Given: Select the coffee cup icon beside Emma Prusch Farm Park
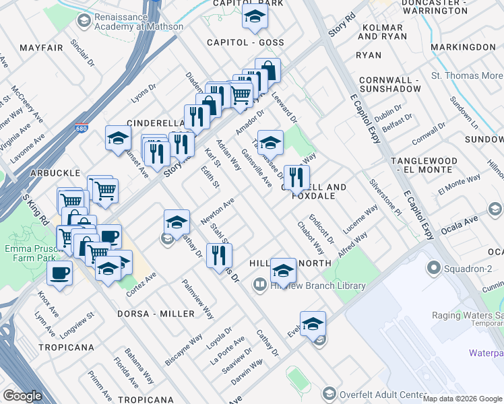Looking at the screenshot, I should point(60,274).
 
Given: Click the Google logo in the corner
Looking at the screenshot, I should point(22,396).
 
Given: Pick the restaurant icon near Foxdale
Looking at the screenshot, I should point(296,178).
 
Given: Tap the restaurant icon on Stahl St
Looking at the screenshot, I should point(219,256).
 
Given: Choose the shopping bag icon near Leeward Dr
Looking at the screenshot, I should point(267,70).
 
